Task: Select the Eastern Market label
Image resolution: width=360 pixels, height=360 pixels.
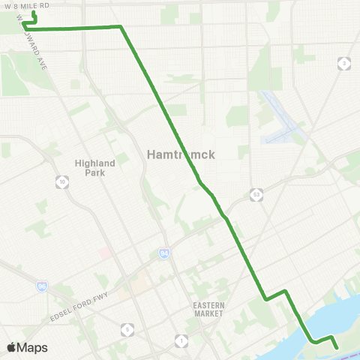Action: coord(208,309)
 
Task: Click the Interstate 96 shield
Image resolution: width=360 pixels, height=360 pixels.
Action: coord(41,286)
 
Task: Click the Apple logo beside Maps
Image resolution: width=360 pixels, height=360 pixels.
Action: coord(12,347)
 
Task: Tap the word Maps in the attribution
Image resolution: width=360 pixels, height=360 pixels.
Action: coord(33,347)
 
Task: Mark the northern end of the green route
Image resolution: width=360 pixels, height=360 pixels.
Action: coord(34,12)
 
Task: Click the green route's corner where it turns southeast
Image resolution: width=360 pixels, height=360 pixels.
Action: coord(120,27)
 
